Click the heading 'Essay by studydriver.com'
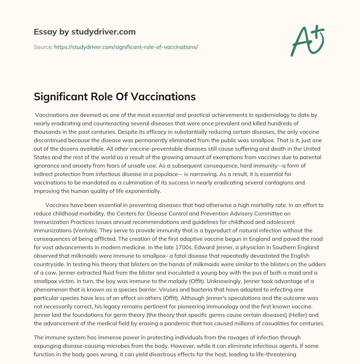click(x=84, y=32)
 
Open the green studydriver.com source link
click(x=126, y=47)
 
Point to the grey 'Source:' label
click(x=43, y=47)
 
